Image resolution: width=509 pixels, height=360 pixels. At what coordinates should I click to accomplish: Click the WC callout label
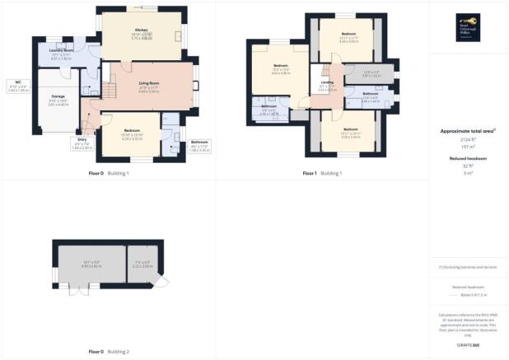tap(17, 82)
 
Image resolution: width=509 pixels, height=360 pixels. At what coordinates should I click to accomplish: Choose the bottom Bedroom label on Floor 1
tap(350, 129)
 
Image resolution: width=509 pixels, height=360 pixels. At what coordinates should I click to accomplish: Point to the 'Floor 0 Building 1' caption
tap(108, 174)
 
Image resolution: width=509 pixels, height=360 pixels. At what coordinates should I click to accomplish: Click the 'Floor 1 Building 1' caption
tap(322, 174)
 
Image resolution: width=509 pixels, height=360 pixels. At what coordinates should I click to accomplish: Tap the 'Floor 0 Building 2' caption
tap(108, 352)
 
